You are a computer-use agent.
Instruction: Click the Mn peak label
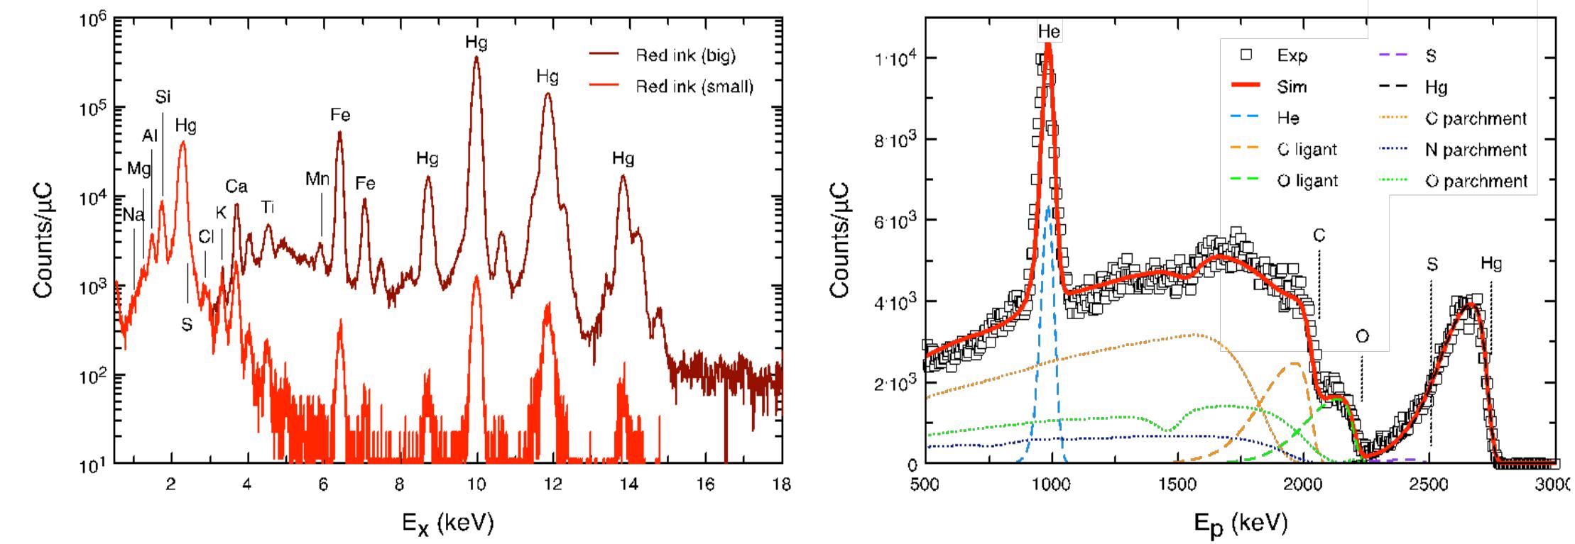(x=317, y=179)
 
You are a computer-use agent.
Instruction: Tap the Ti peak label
(x=268, y=207)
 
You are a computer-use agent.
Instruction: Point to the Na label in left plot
(x=133, y=215)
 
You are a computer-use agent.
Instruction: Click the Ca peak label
(x=236, y=187)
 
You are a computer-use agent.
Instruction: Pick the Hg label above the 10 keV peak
(x=476, y=43)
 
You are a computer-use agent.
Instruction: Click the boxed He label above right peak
(x=1048, y=31)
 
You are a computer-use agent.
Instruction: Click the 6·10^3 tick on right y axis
(x=891, y=221)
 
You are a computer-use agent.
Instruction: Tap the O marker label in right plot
(x=1361, y=336)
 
